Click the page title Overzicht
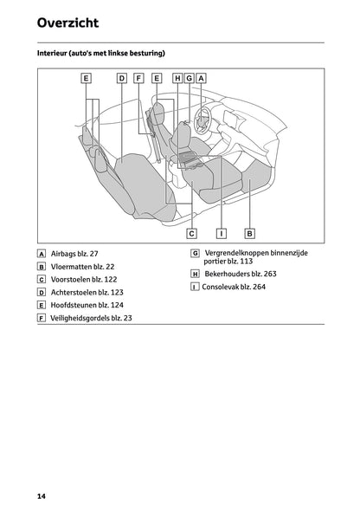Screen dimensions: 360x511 67,23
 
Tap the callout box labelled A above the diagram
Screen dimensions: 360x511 201,78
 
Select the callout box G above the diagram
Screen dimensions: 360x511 190,78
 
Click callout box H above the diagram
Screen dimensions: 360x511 177,78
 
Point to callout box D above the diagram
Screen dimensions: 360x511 122,78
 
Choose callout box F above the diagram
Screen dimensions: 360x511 138,78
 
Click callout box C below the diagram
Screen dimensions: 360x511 192,233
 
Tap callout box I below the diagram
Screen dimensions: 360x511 222,233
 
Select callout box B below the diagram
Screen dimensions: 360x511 249,233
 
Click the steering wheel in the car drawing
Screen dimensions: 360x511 202,120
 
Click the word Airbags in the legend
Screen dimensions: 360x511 63,254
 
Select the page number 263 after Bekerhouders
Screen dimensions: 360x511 270,274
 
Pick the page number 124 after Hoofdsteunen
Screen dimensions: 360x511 117,305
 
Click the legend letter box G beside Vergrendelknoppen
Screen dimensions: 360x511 195,253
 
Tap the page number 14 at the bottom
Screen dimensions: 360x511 42,496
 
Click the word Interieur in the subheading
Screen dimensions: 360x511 51,53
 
